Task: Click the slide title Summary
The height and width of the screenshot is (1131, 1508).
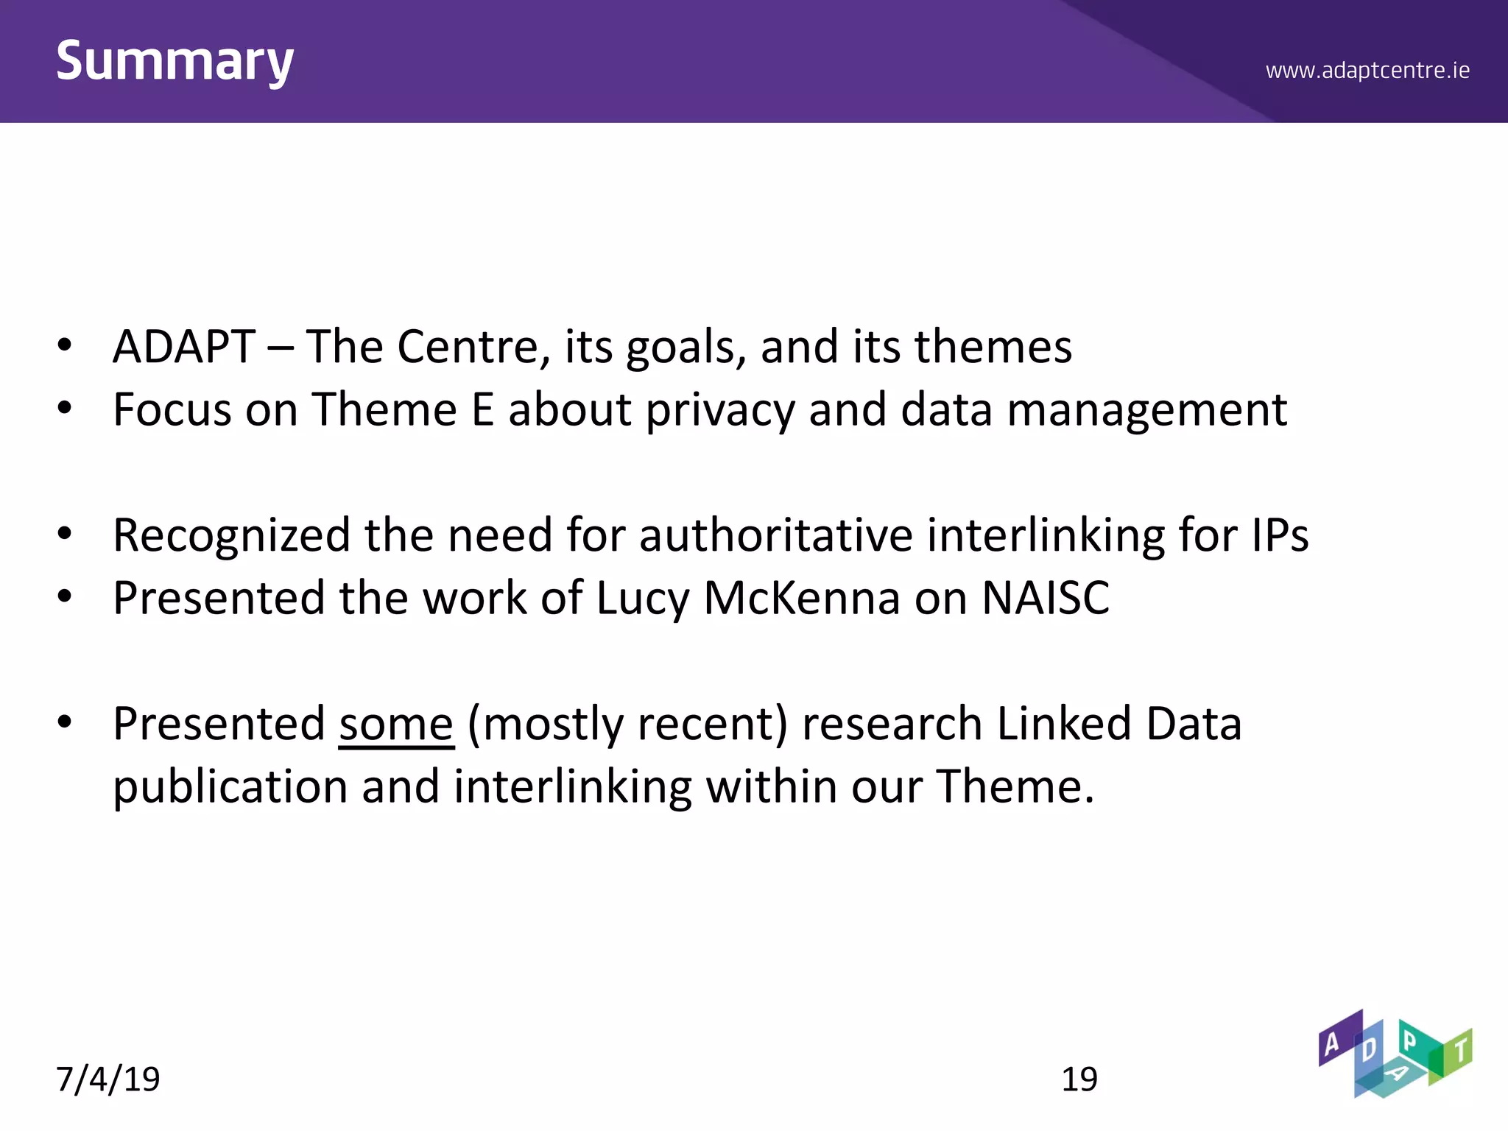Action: (175, 62)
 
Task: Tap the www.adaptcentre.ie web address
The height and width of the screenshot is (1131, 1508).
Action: (1367, 71)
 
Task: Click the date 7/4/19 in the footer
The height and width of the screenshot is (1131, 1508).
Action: (108, 1079)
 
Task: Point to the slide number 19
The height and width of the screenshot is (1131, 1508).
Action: (1079, 1079)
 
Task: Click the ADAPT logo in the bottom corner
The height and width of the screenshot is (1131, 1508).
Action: (1395, 1054)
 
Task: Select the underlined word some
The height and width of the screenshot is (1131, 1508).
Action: (396, 724)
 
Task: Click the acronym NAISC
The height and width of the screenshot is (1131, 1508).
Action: (1046, 597)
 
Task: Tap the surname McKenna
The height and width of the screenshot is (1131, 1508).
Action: (802, 597)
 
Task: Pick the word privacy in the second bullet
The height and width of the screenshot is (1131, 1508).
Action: (720, 410)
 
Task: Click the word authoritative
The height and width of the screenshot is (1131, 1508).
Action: (775, 535)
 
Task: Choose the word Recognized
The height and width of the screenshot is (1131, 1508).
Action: (231, 536)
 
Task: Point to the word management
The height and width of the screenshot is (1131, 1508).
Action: (1146, 410)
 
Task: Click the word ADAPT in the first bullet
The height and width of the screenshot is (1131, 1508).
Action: (184, 347)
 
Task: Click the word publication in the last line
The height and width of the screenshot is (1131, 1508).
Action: (230, 787)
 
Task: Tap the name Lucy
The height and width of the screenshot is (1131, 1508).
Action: (642, 599)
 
